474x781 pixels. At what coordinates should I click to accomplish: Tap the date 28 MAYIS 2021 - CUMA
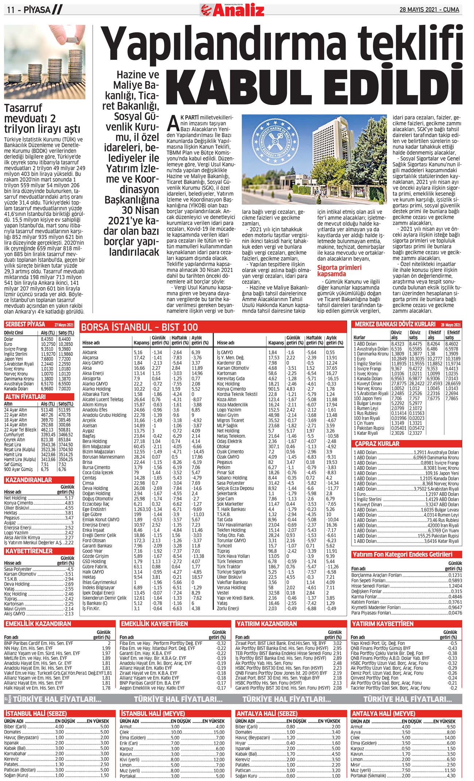click(x=429, y=9)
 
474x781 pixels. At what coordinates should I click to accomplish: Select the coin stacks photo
click(x=45, y=62)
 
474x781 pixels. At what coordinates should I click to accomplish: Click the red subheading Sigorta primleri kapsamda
click(x=339, y=270)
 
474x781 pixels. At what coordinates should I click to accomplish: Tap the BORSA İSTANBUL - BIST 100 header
click(x=140, y=327)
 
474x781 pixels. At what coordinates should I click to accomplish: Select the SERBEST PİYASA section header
click(x=26, y=324)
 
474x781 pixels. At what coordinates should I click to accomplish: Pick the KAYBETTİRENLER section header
click(x=29, y=551)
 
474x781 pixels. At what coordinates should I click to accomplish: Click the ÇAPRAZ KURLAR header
click(x=377, y=444)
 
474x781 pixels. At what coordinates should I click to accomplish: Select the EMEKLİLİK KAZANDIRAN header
click(x=38, y=624)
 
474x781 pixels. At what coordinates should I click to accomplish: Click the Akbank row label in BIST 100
click(x=90, y=352)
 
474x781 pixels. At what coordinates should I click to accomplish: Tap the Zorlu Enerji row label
click(x=228, y=608)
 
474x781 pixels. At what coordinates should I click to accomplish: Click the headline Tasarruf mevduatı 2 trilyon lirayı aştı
click(x=42, y=119)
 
